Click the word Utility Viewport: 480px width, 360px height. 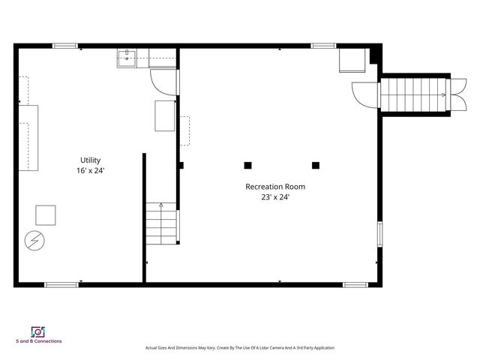90,160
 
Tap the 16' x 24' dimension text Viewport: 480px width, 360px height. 90,171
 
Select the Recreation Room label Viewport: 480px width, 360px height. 275,187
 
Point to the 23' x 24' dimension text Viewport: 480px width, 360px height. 275,197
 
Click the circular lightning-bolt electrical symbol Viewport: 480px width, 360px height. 34,240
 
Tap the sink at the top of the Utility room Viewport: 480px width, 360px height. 127,58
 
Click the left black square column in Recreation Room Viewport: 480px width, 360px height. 247,165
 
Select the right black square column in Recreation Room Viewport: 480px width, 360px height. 316,165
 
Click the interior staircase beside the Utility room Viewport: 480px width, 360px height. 161,223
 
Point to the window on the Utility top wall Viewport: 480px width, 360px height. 65,46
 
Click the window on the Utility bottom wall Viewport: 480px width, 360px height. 61,284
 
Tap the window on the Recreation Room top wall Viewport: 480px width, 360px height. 323,46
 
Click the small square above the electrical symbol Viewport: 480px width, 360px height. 46,215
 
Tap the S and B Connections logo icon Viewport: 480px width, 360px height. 37,331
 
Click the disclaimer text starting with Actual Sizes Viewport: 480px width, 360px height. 239,348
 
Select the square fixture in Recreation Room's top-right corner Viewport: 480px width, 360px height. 351,61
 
